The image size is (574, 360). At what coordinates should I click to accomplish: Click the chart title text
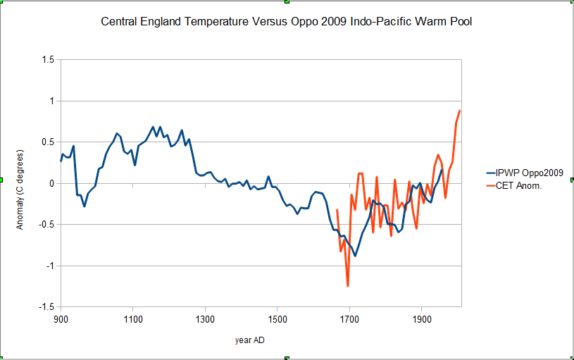287,22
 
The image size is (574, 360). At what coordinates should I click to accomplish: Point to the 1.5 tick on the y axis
48,61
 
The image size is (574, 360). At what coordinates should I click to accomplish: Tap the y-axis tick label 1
51,101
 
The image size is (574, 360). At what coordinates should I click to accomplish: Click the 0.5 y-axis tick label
48,142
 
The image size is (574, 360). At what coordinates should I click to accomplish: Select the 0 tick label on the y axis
51,184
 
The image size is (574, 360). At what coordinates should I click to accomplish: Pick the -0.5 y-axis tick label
46,225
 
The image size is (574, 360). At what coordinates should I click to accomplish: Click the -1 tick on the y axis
50,266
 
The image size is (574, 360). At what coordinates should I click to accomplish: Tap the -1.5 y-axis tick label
46,307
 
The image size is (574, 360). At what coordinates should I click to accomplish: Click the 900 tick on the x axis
61,319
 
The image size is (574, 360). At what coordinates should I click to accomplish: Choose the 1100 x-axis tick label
133,319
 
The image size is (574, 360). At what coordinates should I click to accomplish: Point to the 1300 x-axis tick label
205,319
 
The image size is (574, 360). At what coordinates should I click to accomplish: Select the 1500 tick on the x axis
277,319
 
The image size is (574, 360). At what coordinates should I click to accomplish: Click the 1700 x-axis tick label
349,319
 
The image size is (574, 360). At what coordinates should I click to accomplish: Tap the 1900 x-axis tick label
421,319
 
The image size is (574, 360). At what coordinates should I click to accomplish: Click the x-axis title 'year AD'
250,340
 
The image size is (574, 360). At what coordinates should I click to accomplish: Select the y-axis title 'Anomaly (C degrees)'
20,184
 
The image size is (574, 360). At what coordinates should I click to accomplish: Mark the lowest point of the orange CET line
348,286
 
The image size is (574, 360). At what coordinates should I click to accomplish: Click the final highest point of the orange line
460,111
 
